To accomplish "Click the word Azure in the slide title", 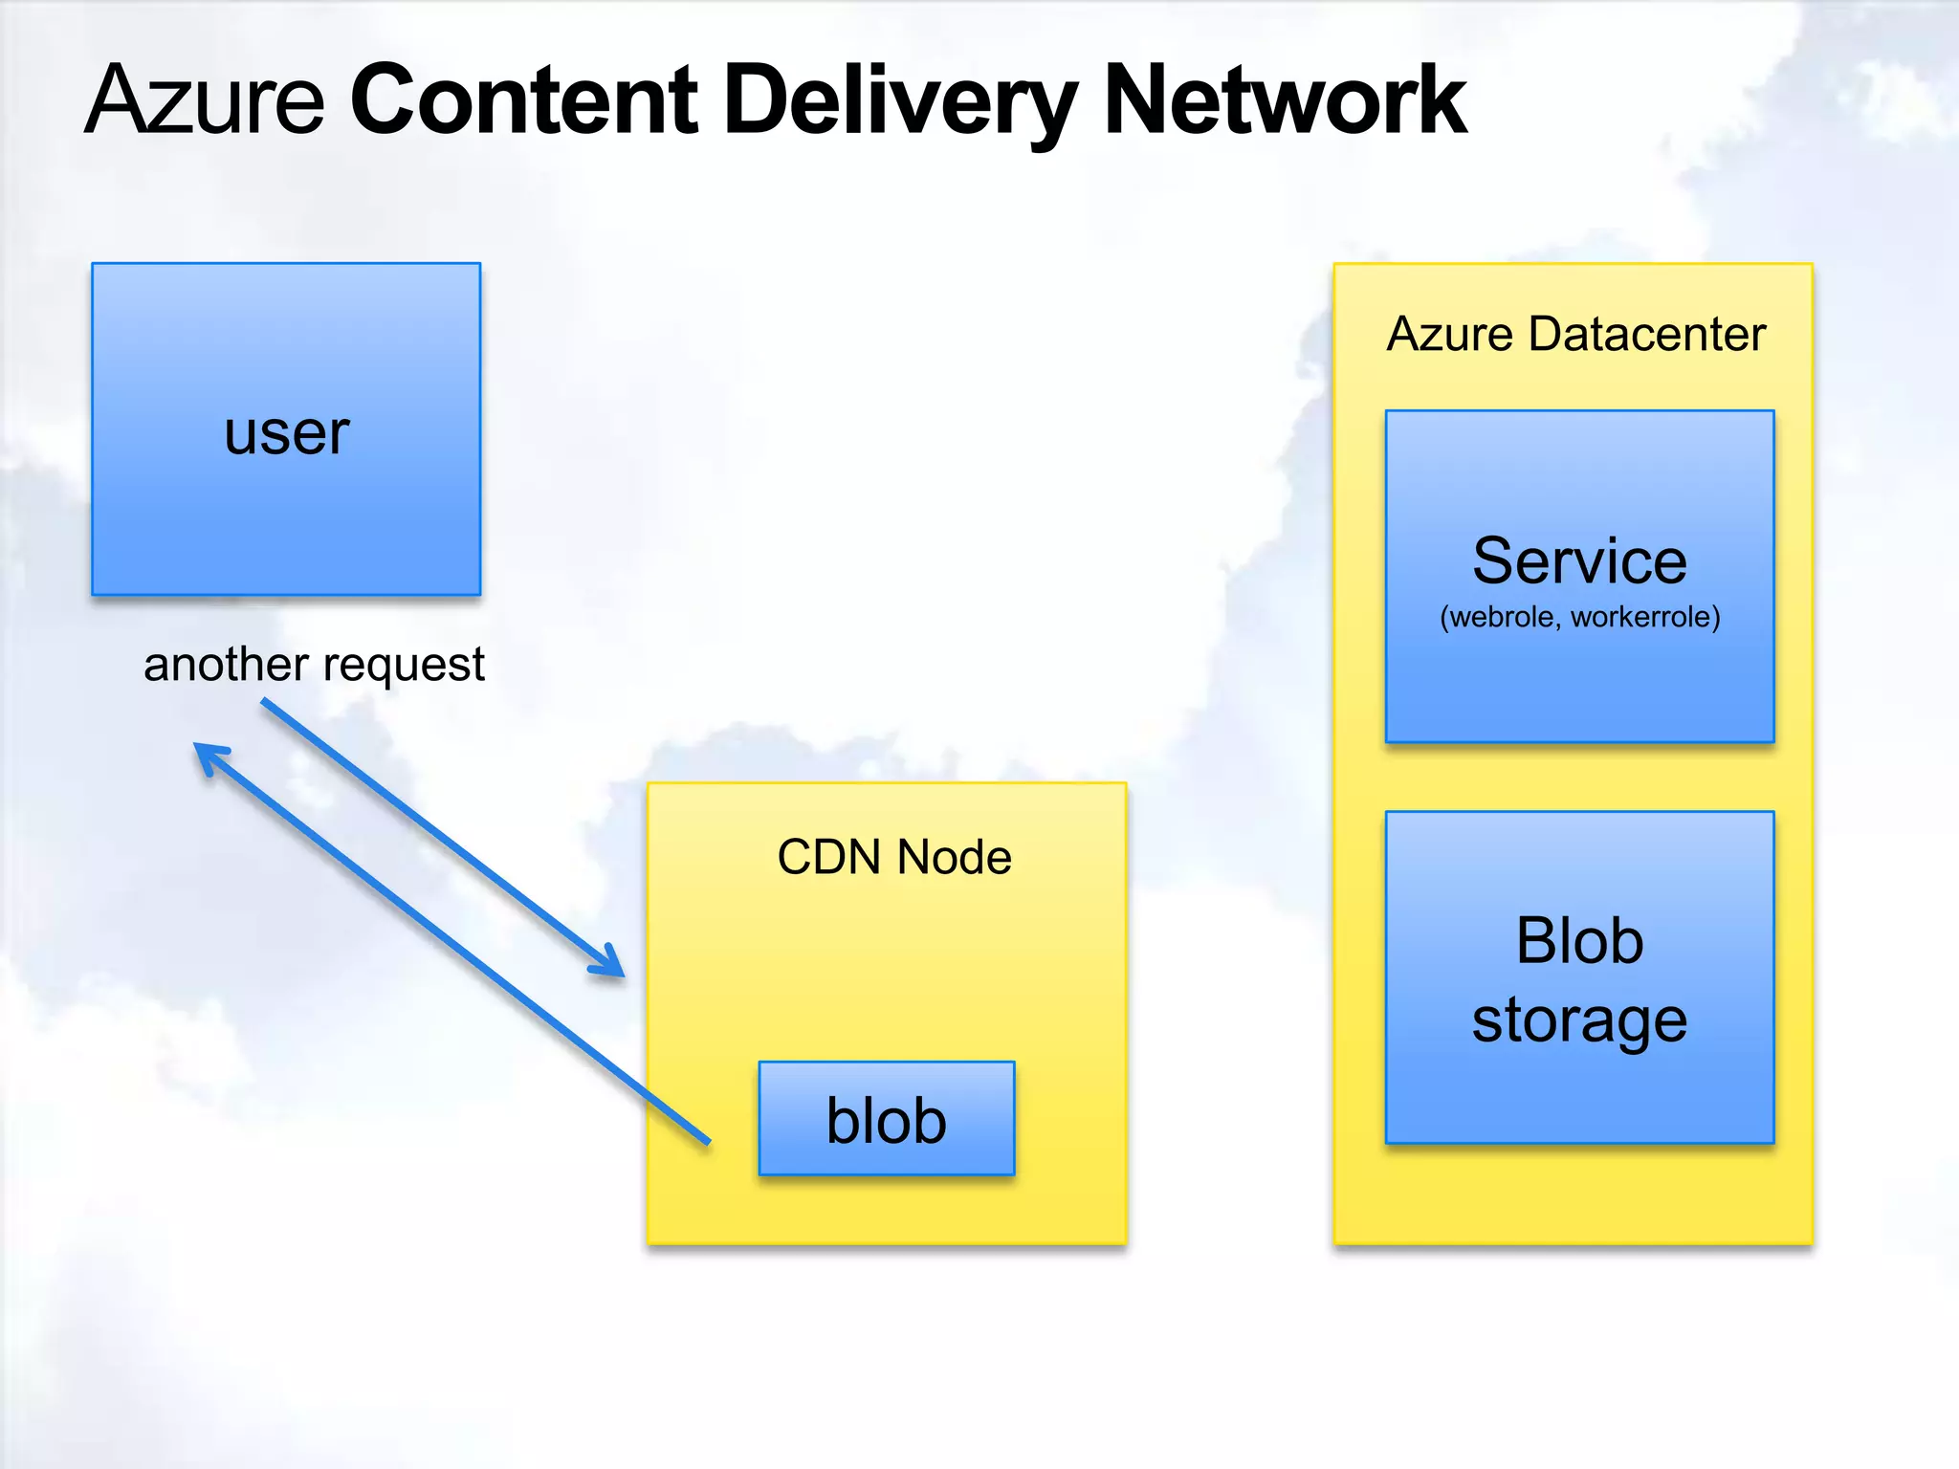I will pyautogui.click(x=206, y=99).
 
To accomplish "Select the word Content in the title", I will pyautogui.click(x=525, y=99).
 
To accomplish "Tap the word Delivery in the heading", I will pyautogui.click(x=900, y=101).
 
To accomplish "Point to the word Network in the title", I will pyautogui.click(x=1285, y=99).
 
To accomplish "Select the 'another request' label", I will pyautogui.click(x=314, y=665).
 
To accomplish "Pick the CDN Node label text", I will pyautogui.click(x=893, y=857).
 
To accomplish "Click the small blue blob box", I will pyautogui.click(x=887, y=1119).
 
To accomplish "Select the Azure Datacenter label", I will pyautogui.click(x=1575, y=335).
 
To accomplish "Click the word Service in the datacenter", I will pyautogui.click(x=1579, y=561).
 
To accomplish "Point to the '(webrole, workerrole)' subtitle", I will pyautogui.click(x=1579, y=618).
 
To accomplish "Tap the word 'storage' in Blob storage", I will pyautogui.click(x=1579, y=1020).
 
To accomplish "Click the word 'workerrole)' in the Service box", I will pyautogui.click(x=1645, y=618).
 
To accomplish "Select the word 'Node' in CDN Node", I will pyautogui.click(x=954, y=857).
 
